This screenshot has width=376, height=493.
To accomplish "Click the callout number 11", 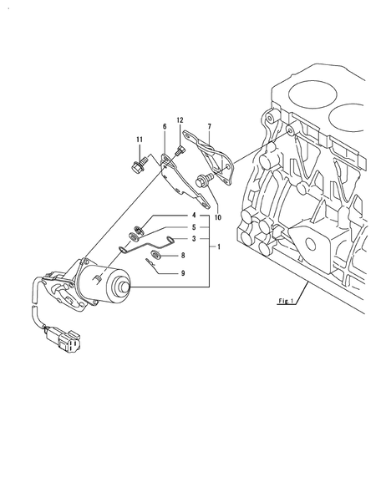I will pos(140,139).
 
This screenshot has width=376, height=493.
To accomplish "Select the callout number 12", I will pos(179,121).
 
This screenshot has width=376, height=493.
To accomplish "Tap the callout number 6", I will pos(165,126).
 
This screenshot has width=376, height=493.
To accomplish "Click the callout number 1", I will pos(219,248).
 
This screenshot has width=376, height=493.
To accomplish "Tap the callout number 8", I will pos(182,255).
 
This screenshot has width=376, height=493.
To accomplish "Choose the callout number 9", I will pos(182,272).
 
